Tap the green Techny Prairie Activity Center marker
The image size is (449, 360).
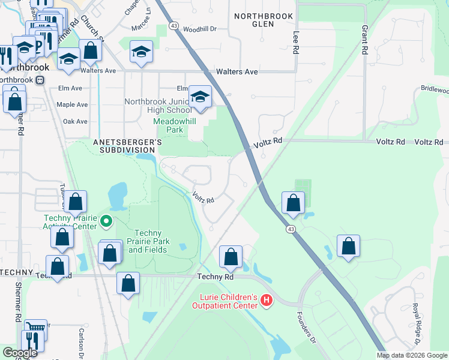tap(106, 222)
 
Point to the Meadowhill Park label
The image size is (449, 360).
tap(167, 125)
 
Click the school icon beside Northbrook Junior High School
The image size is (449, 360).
tap(200, 97)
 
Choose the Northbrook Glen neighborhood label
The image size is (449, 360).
tap(264, 20)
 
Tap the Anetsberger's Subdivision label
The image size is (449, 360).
tap(127, 146)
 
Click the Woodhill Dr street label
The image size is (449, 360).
tap(200, 29)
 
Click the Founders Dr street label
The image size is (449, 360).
tap(306, 327)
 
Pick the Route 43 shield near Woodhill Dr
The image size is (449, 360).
tap(173, 26)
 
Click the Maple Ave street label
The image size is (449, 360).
tap(71, 104)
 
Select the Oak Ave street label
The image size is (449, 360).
tap(75, 121)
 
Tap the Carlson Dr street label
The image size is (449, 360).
tap(81, 342)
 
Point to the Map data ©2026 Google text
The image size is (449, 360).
tap(411, 355)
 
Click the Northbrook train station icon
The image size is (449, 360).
tap(40, 79)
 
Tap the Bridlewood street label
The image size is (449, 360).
tap(434, 90)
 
